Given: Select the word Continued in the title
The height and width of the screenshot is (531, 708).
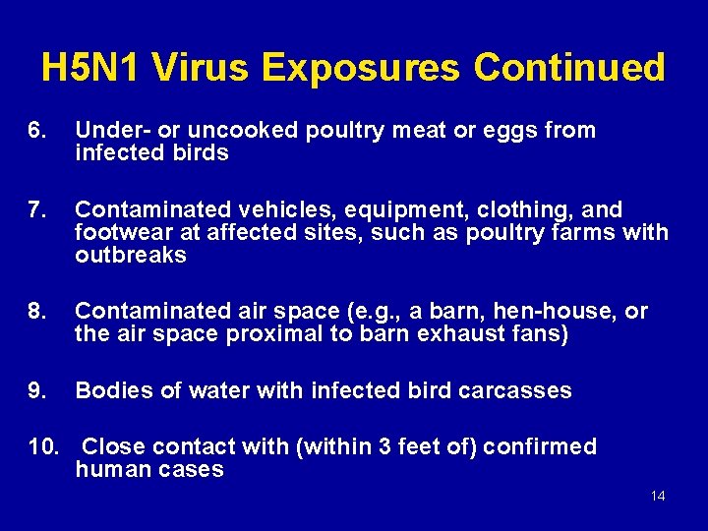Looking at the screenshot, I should [569, 68].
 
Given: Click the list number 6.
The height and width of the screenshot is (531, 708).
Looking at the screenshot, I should [37, 130].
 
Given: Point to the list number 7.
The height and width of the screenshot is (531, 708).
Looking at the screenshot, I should [37, 209].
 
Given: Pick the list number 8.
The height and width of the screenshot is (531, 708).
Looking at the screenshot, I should [37, 312].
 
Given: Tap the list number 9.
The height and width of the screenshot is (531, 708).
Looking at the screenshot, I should [37, 390].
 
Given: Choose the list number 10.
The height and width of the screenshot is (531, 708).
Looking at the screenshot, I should [42, 446].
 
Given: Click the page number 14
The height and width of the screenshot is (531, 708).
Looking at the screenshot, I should [658, 496].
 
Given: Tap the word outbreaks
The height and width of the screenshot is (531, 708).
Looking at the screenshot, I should [131, 256].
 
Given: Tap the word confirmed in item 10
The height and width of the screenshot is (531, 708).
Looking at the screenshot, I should [536, 446].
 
